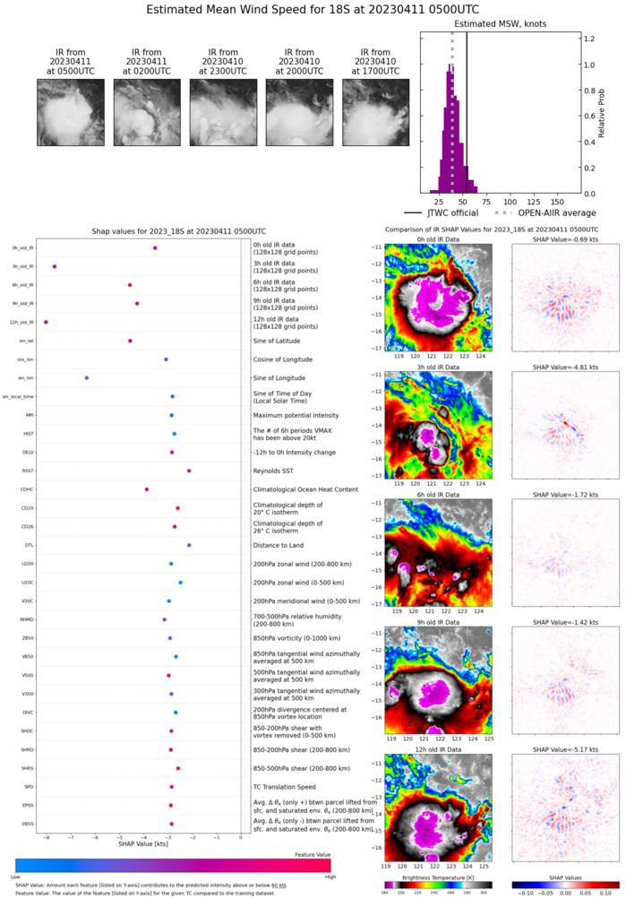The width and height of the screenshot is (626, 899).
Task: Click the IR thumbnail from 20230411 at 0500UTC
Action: point(71,112)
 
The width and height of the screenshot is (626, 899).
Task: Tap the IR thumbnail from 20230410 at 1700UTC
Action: point(376,112)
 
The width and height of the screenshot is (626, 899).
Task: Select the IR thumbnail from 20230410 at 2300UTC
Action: point(223,112)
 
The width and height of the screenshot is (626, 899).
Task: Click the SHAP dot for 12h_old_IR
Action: point(46,322)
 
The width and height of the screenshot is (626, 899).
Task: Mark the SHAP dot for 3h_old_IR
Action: point(55,266)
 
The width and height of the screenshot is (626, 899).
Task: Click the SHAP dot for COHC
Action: point(147,489)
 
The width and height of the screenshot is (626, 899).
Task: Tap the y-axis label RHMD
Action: point(28,619)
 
